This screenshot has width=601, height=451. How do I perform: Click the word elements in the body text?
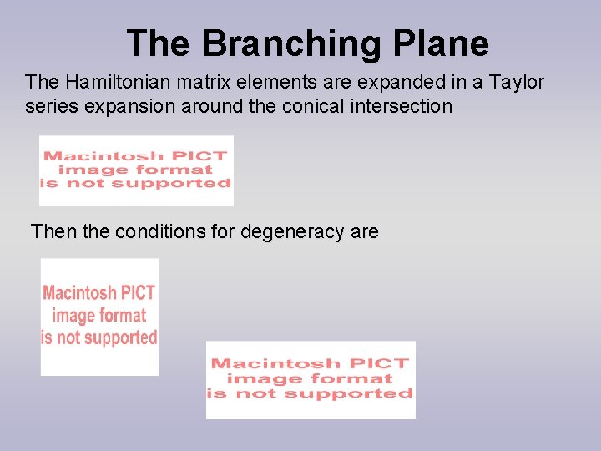tap(271, 82)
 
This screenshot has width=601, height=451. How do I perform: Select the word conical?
tap(315, 107)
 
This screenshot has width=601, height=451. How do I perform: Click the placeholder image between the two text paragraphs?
tap(136, 170)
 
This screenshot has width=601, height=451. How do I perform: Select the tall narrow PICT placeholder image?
tap(99, 317)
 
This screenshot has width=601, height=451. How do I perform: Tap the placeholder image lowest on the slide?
tap(311, 379)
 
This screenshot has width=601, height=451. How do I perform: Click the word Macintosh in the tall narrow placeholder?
tap(80, 293)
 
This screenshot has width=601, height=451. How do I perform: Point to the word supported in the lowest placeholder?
tap(365, 393)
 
